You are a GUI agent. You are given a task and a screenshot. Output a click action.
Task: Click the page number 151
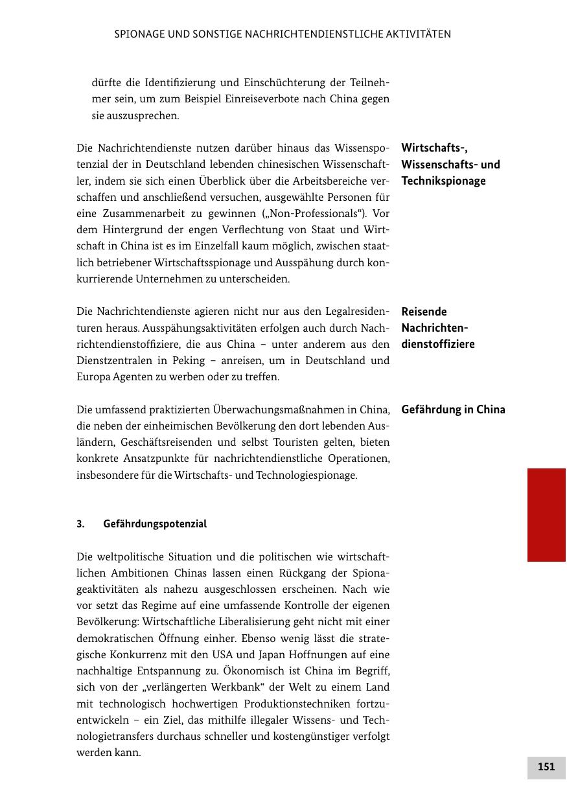tap(546, 767)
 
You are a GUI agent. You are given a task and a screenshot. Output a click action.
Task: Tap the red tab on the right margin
tap(546, 514)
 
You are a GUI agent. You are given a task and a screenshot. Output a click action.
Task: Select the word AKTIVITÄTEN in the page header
tap(418, 34)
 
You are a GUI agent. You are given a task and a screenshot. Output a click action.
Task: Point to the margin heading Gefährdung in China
tap(453, 409)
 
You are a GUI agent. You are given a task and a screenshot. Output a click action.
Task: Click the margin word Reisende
tap(424, 312)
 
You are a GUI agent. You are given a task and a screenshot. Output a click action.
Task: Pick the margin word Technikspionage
tap(443, 181)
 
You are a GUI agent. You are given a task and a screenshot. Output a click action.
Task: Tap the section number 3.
tap(80, 524)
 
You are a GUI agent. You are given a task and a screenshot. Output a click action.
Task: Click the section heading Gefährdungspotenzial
tap(155, 524)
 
